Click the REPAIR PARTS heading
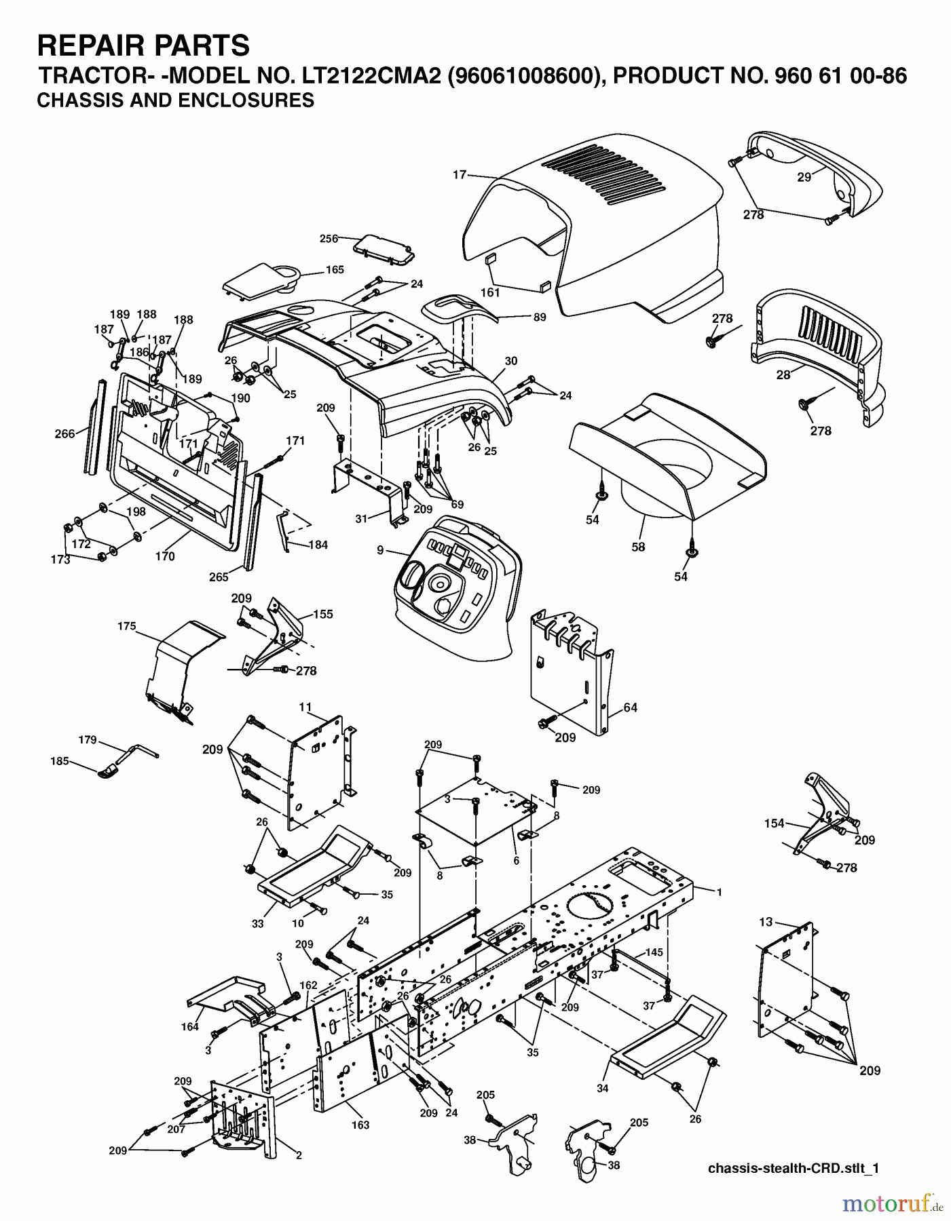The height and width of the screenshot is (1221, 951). pyautogui.click(x=143, y=46)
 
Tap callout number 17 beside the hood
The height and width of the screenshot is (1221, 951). pyautogui.click(x=460, y=175)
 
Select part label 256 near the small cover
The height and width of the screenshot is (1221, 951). pyautogui.click(x=329, y=238)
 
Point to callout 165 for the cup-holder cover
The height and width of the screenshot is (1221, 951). pyautogui.click(x=335, y=269)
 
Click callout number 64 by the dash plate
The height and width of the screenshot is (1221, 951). pyautogui.click(x=630, y=708)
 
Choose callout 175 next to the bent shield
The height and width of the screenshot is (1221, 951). pyautogui.click(x=127, y=626)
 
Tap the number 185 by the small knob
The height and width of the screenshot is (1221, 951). pyautogui.click(x=60, y=761)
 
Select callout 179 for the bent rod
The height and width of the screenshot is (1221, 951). pyautogui.click(x=88, y=739)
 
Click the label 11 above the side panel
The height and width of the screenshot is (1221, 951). pyautogui.click(x=305, y=707)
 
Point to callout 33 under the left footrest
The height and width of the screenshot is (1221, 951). pyautogui.click(x=257, y=923)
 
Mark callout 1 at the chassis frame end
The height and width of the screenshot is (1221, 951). pyautogui.click(x=720, y=893)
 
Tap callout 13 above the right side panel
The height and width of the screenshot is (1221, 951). pyautogui.click(x=766, y=921)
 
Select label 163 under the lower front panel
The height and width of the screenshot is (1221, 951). pyautogui.click(x=360, y=1124)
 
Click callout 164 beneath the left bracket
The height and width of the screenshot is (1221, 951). pyautogui.click(x=190, y=1026)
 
